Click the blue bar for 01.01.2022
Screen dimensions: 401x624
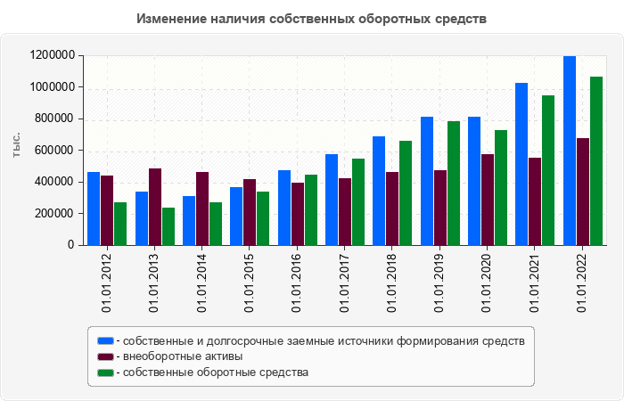click(570, 151)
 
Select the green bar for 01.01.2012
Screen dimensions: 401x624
click(120, 224)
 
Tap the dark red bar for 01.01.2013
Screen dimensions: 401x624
click(155, 207)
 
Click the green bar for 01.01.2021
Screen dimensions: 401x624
click(548, 170)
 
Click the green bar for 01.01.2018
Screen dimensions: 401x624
click(406, 192)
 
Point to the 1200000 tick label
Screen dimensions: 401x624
click(51, 55)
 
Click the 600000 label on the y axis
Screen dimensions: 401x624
click(53, 151)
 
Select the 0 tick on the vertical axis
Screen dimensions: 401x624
click(70, 245)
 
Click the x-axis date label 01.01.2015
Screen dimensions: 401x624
click(249, 282)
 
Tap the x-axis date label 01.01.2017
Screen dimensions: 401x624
click(344, 282)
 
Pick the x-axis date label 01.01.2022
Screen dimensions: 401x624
click(582, 282)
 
